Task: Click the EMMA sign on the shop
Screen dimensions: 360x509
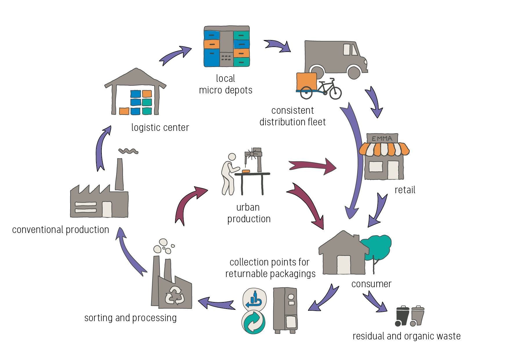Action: (382, 138)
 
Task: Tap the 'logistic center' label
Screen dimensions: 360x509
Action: (160, 128)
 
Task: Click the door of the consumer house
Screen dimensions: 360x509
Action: (344, 264)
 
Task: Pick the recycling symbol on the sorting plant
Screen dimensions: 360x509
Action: (175, 296)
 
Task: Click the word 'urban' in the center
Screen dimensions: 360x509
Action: (248, 207)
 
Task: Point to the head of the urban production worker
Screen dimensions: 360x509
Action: (232, 157)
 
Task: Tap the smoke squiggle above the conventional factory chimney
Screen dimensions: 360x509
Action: (128, 151)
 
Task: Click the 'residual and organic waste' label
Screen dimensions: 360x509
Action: (406, 336)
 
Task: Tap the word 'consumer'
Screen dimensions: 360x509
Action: (371, 284)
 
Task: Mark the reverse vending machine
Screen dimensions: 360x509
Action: (285, 310)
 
